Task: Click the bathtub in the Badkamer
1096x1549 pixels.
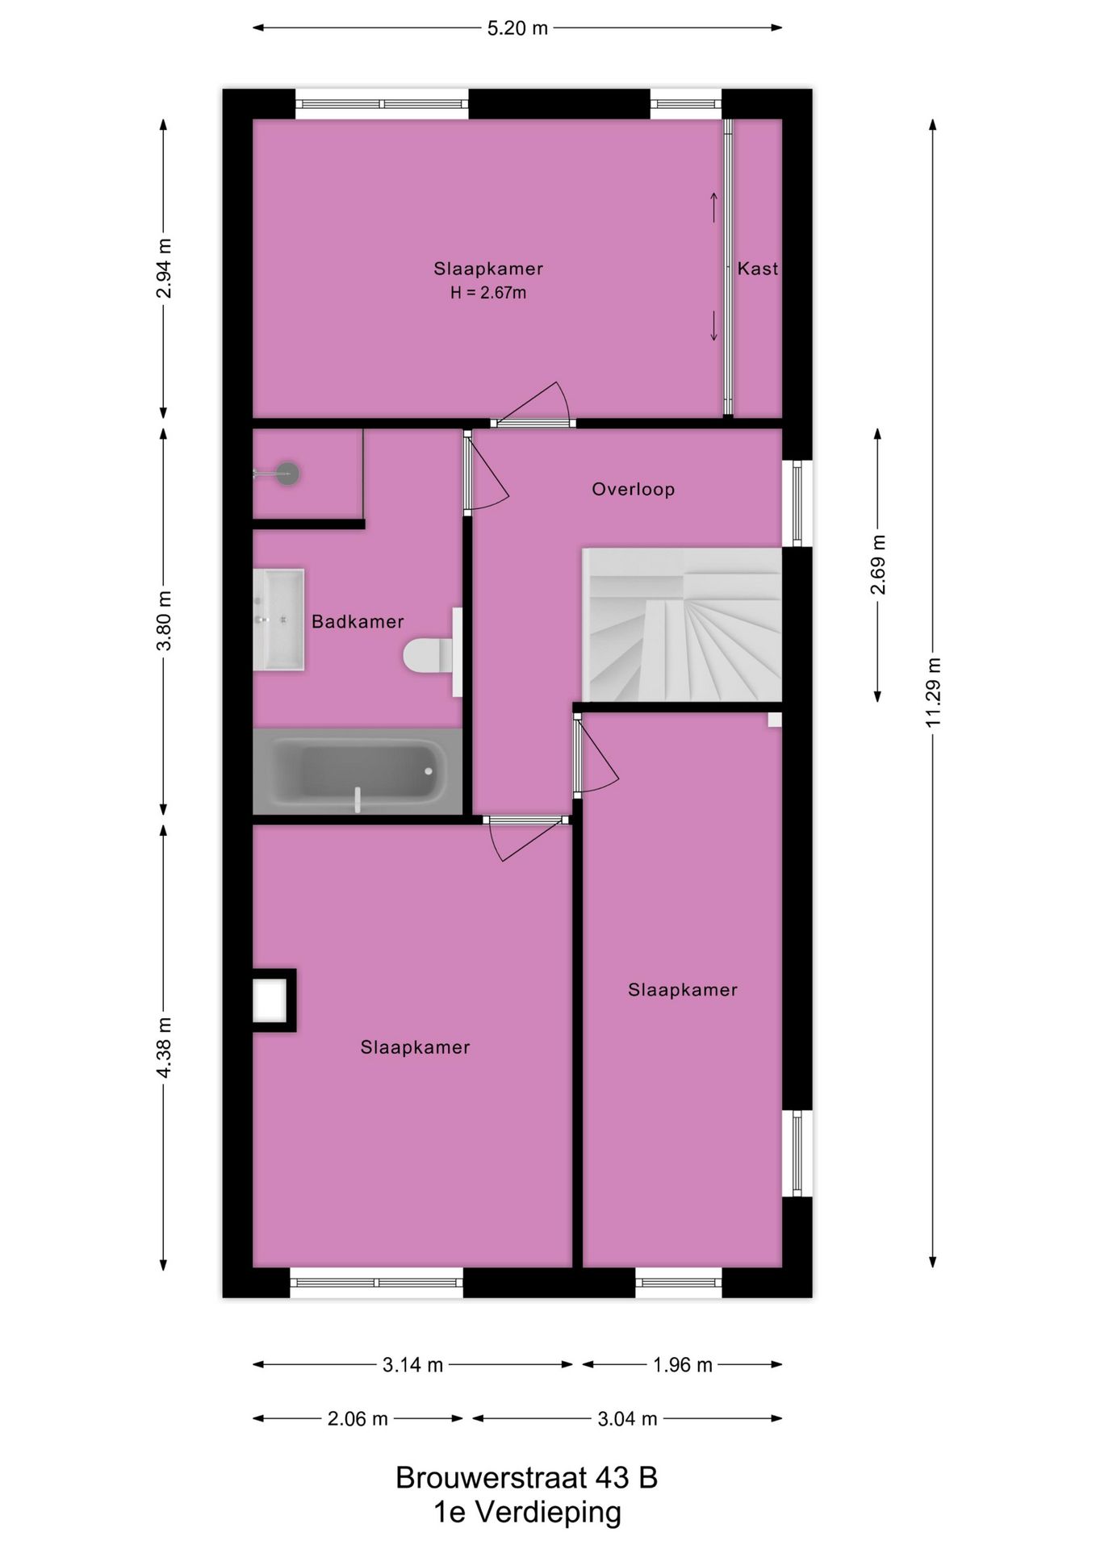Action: point(358,772)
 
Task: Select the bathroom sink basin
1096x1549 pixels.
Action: point(278,620)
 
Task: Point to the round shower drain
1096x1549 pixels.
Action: point(287,474)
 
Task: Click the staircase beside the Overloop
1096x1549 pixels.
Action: point(682,625)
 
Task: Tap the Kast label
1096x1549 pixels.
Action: point(757,269)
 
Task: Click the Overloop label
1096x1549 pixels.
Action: point(633,489)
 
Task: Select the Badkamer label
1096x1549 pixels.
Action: point(358,621)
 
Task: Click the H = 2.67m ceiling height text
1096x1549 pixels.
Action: point(488,293)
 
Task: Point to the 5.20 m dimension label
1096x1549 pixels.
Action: point(517,28)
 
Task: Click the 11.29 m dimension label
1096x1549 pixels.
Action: point(933,692)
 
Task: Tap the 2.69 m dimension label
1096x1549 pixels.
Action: point(878,565)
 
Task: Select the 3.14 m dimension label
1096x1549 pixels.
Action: point(412,1365)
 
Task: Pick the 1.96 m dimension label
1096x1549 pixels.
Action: point(683,1365)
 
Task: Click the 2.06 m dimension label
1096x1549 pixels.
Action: point(358,1418)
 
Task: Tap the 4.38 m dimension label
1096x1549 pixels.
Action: point(164,1046)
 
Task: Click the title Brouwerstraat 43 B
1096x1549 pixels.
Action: point(526,1477)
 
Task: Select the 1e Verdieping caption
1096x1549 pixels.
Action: point(527,1512)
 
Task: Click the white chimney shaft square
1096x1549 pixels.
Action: point(270,1000)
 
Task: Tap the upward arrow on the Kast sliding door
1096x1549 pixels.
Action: point(713,207)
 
